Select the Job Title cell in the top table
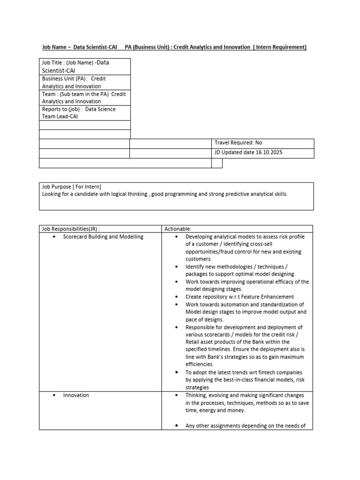click(84, 66)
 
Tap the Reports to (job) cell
click(84, 112)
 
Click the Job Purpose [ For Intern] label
click(71, 186)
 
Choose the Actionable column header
click(177, 229)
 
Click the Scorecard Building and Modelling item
click(103, 237)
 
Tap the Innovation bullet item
click(76, 395)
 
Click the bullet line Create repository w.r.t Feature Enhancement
click(240, 297)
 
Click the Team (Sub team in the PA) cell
click(84, 97)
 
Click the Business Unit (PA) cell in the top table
click(84, 82)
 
